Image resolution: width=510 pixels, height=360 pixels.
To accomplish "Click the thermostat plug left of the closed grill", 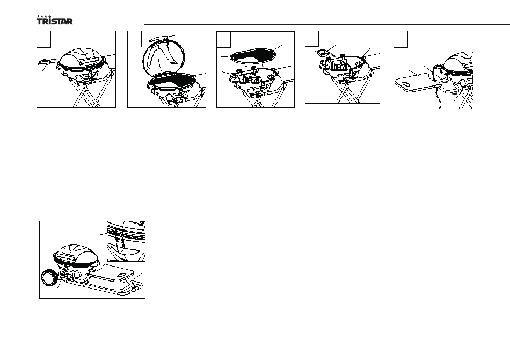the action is pyautogui.click(x=45, y=61).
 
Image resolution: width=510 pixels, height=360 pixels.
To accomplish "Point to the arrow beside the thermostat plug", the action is pyautogui.click(x=54, y=60).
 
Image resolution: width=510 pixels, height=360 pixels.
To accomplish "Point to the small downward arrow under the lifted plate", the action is pyautogui.click(x=263, y=69).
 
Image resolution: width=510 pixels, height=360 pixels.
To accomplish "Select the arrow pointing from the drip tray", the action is pyautogui.click(x=332, y=54).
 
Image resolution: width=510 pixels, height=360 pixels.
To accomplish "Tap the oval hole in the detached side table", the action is pyautogui.click(x=406, y=84).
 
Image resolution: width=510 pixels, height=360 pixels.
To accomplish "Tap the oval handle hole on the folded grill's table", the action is pyautogui.click(x=122, y=274).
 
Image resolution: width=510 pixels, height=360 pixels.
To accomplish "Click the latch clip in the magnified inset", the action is pyautogui.click(x=119, y=242).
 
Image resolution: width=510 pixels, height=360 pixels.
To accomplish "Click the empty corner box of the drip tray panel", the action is pyautogui.click(x=311, y=39).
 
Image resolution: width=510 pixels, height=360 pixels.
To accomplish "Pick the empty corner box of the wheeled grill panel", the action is pyautogui.click(x=47, y=230).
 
